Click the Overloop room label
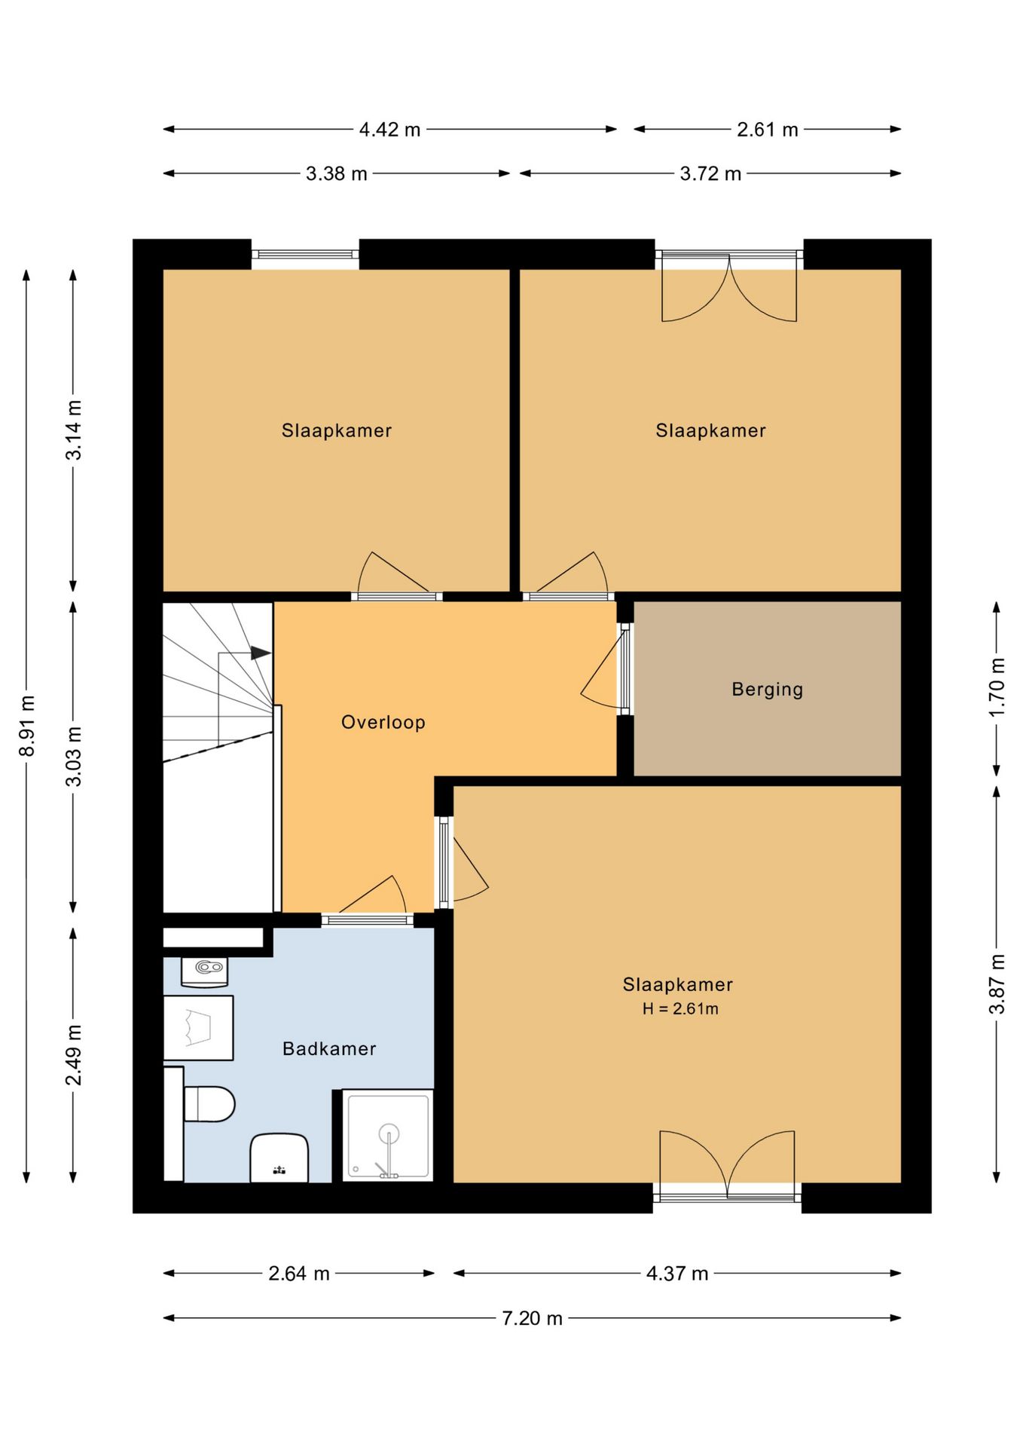[383, 722]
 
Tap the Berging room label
[768, 690]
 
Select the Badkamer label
[329, 1048]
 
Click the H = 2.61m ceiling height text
[680, 1008]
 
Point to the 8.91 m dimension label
[27, 726]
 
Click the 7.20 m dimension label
[532, 1318]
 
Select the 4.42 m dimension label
[389, 130]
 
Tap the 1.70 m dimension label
[997, 687]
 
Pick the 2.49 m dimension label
[74, 1055]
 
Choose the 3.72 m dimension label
[710, 173]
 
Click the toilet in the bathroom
[209, 1104]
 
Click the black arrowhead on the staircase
[261, 653]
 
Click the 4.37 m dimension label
[677, 1274]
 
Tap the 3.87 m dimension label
[997, 984]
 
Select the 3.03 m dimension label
[74, 757]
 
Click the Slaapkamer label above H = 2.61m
[677, 984]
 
